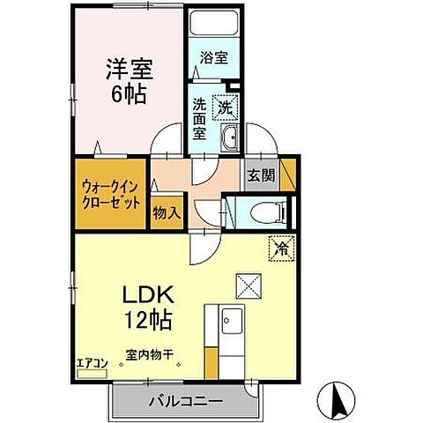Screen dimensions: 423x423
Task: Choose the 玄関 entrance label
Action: click(x=260, y=174)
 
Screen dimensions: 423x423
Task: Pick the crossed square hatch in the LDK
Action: click(x=246, y=285)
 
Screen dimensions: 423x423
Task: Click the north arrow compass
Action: click(x=337, y=400)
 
